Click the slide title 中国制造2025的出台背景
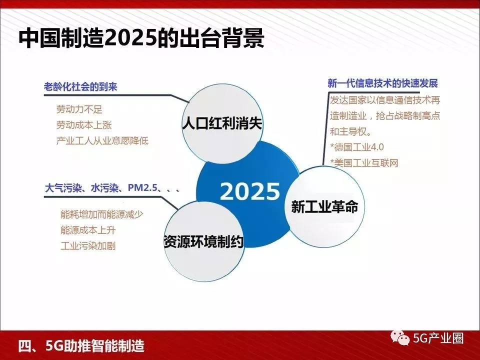click(x=141, y=38)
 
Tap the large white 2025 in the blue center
click(x=250, y=191)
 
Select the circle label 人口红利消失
click(x=222, y=123)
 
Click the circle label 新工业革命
click(x=324, y=206)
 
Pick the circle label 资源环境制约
click(x=203, y=241)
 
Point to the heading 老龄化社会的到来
click(x=81, y=86)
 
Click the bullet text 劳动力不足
click(x=79, y=109)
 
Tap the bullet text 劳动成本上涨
click(x=84, y=125)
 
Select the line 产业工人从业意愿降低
click(x=102, y=140)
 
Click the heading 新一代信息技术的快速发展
click(x=382, y=83)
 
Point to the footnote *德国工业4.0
click(x=357, y=147)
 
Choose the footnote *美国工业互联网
click(x=364, y=163)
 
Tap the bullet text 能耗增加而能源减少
click(x=101, y=214)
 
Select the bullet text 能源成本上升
click(x=88, y=230)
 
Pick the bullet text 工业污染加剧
click(x=88, y=246)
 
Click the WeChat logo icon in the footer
click(x=400, y=338)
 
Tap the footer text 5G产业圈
click(x=438, y=338)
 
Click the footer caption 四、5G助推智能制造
click(x=81, y=346)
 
